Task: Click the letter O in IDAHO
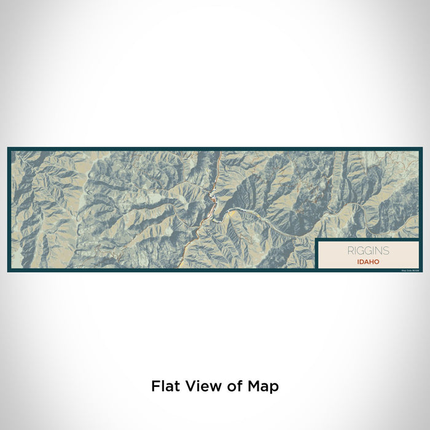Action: tap(377, 262)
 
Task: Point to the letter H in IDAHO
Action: tap(371, 262)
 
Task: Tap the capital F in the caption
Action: tap(155, 386)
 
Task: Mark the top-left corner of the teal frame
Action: tap(9, 148)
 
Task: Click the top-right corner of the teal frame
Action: tap(421, 148)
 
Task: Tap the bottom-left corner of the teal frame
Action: tap(9, 271)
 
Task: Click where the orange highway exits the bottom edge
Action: tap(184, 268)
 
